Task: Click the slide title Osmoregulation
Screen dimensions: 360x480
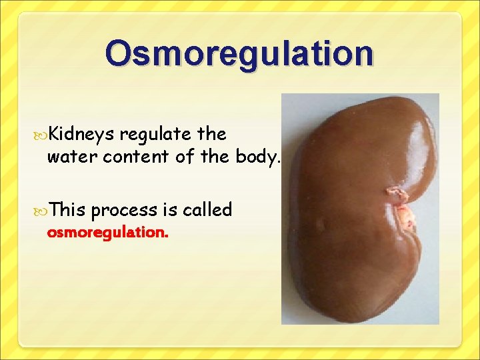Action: pyautogui.click(x=239, y=53)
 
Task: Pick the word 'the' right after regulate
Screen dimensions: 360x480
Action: pyautogui.click(x=213, y=134)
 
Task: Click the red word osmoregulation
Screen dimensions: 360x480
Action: pyautogui.click(x=107, y=233)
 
